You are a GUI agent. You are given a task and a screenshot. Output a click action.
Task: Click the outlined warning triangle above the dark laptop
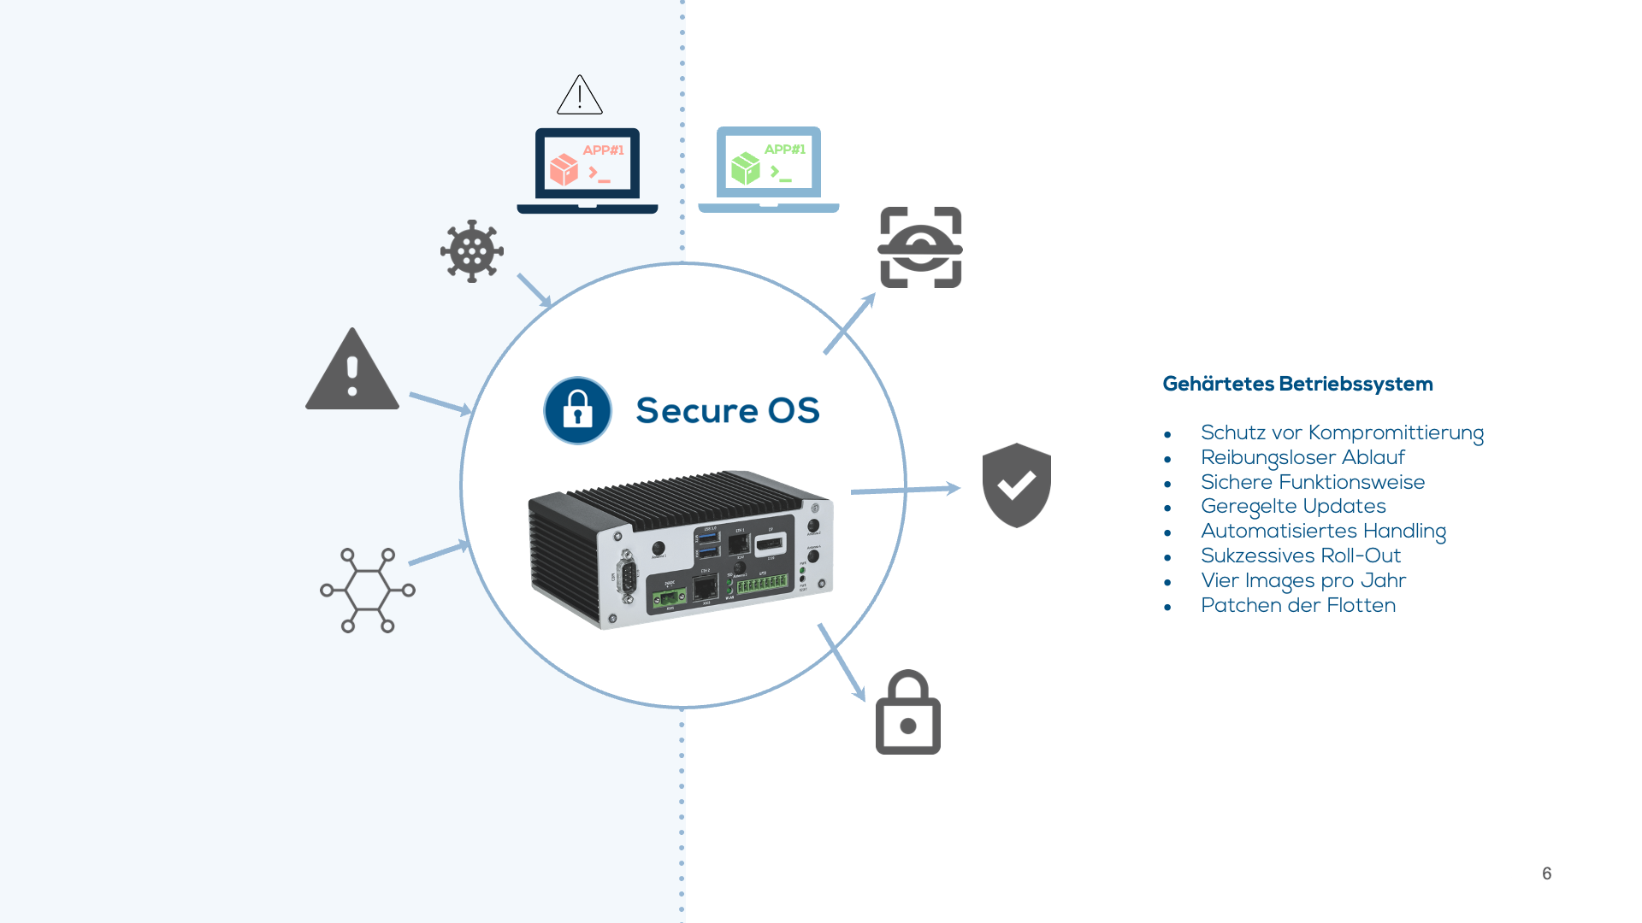(580, 96)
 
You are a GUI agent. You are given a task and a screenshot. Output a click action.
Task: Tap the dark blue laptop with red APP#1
(588, 169)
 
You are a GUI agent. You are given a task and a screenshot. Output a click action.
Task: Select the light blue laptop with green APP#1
(769, 168)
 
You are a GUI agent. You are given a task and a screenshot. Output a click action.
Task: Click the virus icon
(472, 251)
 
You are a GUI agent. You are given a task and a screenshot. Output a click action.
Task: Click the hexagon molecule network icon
(368, 591)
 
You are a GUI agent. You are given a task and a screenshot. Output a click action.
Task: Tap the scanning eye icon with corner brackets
(921, 247)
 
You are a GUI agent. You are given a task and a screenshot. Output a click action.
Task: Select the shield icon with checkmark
(1016, 485)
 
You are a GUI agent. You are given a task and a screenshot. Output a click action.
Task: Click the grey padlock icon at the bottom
(908, 714)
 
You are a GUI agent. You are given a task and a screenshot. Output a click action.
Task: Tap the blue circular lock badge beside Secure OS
(578, 411)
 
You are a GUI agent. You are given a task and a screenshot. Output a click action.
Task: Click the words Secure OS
(728, 411)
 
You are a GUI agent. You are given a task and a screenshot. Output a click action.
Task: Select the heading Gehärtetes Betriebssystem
(1297, 384)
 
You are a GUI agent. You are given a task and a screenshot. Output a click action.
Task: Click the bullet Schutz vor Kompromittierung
(1341, 432)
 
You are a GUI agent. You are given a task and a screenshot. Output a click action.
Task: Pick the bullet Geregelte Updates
(1292, 507)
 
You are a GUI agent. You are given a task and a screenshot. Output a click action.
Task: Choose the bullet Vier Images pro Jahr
(1302, 580)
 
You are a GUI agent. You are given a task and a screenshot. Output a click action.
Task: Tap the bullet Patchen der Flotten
(1297, 605)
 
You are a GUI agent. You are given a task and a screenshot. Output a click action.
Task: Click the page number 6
(1546, 873)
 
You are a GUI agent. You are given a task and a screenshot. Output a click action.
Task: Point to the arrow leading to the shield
(905, 490)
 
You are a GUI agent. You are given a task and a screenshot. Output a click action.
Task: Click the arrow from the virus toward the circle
(535, 291)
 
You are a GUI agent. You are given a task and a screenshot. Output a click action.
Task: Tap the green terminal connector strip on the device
(762, 585)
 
